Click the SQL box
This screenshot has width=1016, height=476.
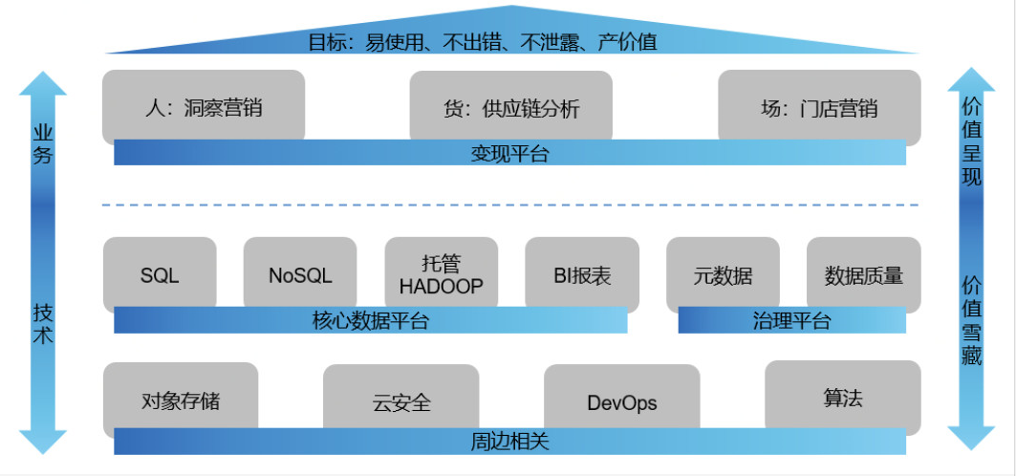[160, 275]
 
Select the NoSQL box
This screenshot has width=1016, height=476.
[300, 275]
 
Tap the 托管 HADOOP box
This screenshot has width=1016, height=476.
[441, 273]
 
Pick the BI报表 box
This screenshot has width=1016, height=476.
[581, 275]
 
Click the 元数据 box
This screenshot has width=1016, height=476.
[723, 275]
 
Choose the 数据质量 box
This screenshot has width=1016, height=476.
[863, 275]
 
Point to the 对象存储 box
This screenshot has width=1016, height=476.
[181, 400]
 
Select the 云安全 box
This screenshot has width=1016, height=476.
[401, 402]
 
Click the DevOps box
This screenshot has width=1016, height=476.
[621, 402]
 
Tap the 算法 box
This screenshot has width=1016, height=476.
[843, 398]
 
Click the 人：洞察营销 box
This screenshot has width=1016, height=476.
[204, 107]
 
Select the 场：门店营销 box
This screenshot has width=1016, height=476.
[819, 108]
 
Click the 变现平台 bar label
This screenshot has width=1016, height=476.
[509, 153]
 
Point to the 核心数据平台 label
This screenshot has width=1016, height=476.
[370, 321]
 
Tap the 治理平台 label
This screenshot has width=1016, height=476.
[791, 321]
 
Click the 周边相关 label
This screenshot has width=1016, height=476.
[509, 442]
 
